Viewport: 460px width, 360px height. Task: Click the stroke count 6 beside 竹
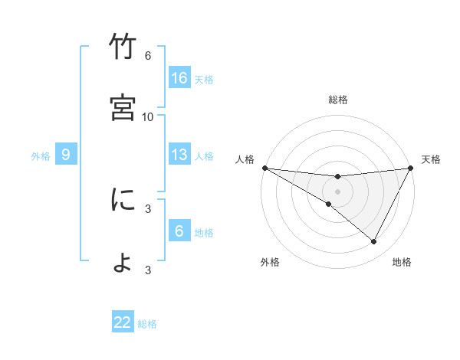click(148, 56)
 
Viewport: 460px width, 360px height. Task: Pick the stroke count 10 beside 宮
click(148, 116)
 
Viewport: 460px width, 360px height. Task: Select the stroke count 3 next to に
click(148, 208)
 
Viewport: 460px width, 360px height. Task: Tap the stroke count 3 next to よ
click(148, 270)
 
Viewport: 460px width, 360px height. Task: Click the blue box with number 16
click(179, 78)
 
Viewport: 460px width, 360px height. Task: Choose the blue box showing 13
click(179, 155)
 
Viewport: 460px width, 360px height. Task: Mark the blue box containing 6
click(179, 231)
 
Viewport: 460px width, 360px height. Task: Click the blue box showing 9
click(66, 155)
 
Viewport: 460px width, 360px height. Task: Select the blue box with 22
click(123, 322)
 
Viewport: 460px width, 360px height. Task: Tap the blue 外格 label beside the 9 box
click(41, 155)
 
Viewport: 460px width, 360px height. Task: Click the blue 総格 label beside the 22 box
click(147, 324)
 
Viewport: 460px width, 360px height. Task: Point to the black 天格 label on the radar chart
click(432, 159)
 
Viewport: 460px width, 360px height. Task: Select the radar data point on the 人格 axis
click(264, 168)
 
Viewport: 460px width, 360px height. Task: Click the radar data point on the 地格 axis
click(374, 242)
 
